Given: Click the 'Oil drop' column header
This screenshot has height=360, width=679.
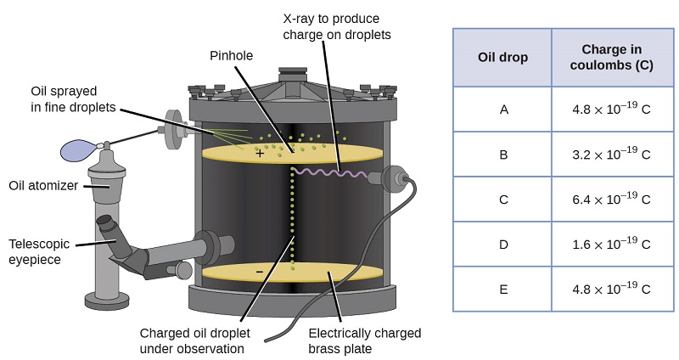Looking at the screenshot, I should [x=502, y=58].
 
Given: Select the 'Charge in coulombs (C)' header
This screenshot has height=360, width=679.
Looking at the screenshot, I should [x=616, y=58].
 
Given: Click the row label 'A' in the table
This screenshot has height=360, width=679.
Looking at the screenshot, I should [x=503, y=110].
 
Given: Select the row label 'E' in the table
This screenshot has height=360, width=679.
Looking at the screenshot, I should [x=503, y=289].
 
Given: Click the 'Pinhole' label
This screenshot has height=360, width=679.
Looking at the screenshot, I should [x=232, y=55].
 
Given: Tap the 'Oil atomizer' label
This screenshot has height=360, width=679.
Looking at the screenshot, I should [x=43, y=185].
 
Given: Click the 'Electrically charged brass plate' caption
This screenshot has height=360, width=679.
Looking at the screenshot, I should [x=364, y=340].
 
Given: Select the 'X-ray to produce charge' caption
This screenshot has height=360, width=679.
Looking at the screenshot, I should [x=343, y=27].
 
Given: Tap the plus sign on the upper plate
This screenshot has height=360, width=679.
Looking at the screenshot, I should [x=260, y=154].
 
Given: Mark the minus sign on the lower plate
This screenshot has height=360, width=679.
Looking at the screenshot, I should [x=260, y=271].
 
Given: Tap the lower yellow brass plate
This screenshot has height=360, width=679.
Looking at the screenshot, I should [x=339, y=273].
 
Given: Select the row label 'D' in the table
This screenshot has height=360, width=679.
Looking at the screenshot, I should [x=503, y=245].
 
